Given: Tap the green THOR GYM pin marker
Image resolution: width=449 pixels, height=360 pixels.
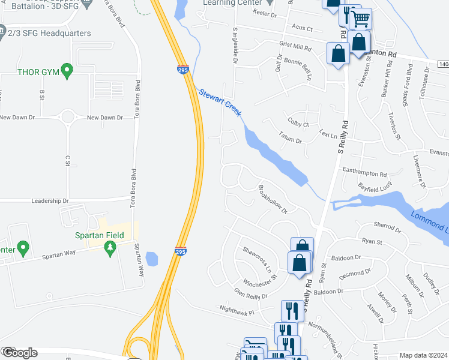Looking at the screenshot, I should coord(67,71).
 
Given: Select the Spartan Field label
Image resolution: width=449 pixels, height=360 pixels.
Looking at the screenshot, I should coord(99,235).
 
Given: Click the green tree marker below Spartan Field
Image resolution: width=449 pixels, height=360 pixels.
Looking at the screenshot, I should coord(109,247).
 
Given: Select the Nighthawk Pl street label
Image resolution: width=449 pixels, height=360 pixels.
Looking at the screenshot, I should coord(237,312).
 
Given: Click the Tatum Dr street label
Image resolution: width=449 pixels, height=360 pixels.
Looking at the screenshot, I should coord(290,139).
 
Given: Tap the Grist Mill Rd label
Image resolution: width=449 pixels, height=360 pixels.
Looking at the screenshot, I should coord(295,46).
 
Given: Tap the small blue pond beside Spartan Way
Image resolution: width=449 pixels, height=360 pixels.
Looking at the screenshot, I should coord(151,259).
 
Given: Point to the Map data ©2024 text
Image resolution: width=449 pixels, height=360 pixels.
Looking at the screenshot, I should coord(423,355).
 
